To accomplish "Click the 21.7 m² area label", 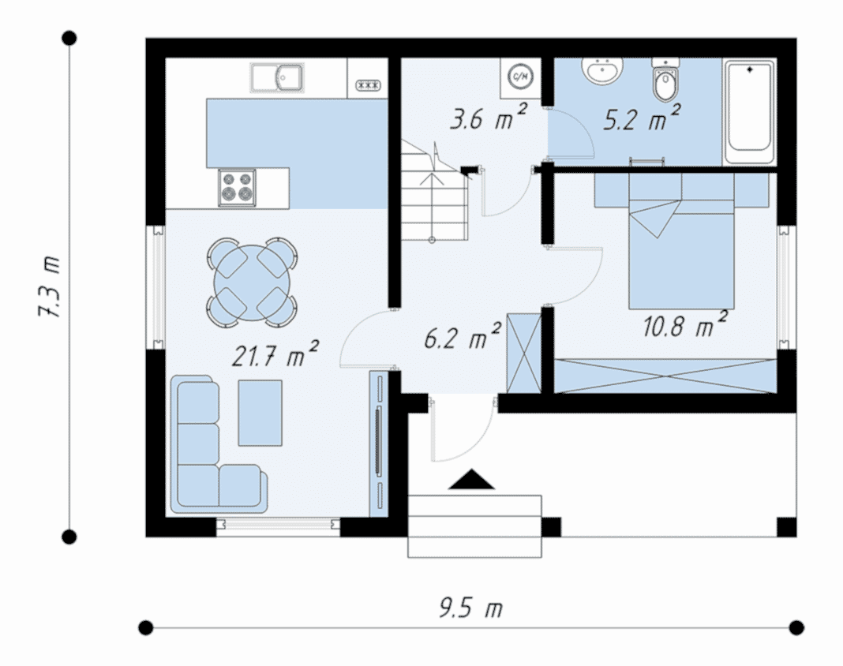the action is tap(275, 354).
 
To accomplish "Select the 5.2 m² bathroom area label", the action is tap(642, 118).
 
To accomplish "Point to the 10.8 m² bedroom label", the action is tap(685, 324).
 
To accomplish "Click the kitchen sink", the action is tap(277, 77).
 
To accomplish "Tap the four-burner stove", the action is tap(237, 187).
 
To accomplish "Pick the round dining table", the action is tap(252, 282).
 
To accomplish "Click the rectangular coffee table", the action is tap(260, 413).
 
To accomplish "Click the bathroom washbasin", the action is tap(602, 70).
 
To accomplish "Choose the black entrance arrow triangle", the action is tap(471, 480).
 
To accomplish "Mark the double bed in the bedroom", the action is tap(682, 242).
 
